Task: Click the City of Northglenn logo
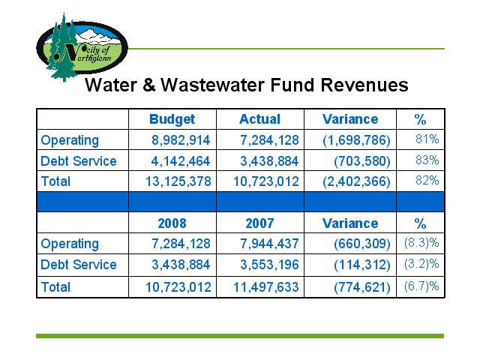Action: pyautogui.click(x=82, y=47)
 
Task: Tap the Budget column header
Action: pyautogui.click(x=172, y=119)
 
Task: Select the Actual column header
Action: pyautogui.click(x=260, y=119)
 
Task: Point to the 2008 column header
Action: pyautogui.click(x=172, y=223)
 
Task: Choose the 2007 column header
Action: pyautogui.click(x=259, y=223)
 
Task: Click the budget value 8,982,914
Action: pyautogui.click(x=181, y=140)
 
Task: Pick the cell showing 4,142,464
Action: pyautogui.click(x=181, y=161)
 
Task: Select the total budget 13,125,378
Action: pyautogui.click(x=178, y=181)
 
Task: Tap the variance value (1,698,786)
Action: pyautogui.click(x=357, y=140)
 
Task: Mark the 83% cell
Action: pyautogui.click(x=427, y=160)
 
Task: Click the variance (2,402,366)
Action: pyautogui.click(x=357, y=181)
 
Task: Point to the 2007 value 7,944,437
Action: pyautogui.click(x=269, y=244)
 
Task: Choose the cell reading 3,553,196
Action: pyautogui.click(x=269, y=265)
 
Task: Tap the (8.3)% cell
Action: pyautogui.click(x=421, y=243)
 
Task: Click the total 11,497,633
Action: pyautogui.click(x=266, y=287)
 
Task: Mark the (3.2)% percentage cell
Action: pyautogui.click(x=421, y=264)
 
